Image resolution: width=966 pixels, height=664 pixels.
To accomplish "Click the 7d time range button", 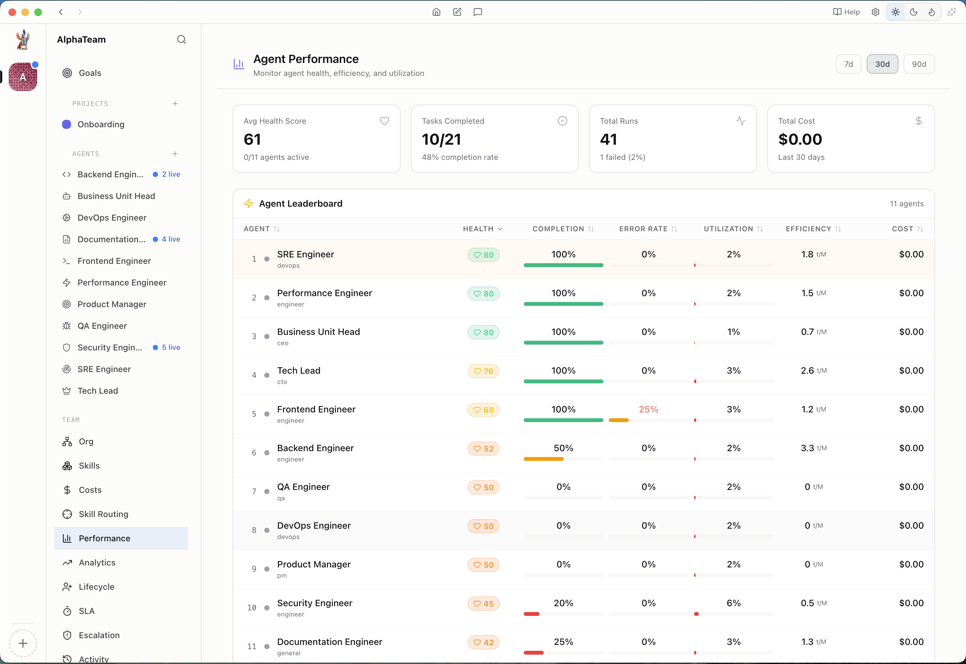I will (x=848, y=64).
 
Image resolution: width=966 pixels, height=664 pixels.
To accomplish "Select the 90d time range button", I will (x=919, y=64).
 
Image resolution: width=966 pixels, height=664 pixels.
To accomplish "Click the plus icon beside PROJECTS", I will (x=175, y=104).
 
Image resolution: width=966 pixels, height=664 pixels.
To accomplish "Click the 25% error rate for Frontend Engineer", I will (x=648, y=410).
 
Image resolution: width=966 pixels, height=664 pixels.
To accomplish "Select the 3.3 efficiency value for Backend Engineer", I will (x=807, y=448).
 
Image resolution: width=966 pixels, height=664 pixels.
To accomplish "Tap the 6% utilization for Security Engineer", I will (x=733, y=603).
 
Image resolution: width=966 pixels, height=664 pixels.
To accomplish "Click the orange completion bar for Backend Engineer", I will (x=543, y=459).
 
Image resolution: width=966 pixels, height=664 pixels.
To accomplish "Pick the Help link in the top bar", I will (x=846, y=12).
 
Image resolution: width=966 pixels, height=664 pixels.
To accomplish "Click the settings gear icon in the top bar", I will (x=875, y=12).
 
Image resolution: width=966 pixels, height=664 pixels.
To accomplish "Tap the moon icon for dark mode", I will (x=914, y=12).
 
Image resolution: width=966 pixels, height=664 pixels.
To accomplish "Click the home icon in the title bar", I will (x=436, y=12).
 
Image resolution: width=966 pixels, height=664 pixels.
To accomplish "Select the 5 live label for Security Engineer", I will (x=171, y=348).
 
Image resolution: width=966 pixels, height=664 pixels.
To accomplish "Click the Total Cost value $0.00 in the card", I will (x=800, y=140).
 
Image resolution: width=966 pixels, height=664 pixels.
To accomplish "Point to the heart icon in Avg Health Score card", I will (x=384, y=121).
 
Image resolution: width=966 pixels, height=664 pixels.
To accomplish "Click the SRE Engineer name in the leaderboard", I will (x=306, y=254).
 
